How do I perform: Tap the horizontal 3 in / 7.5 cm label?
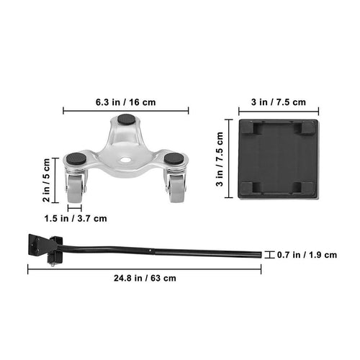click(278, 102)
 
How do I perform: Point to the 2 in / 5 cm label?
click(47, 179)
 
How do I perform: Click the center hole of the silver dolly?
click(125, 160)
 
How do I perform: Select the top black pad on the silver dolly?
click(127, 122)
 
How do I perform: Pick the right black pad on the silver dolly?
click(173, 158)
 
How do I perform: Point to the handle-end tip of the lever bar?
click(258, 254)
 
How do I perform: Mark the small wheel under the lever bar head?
click(55, 263)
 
